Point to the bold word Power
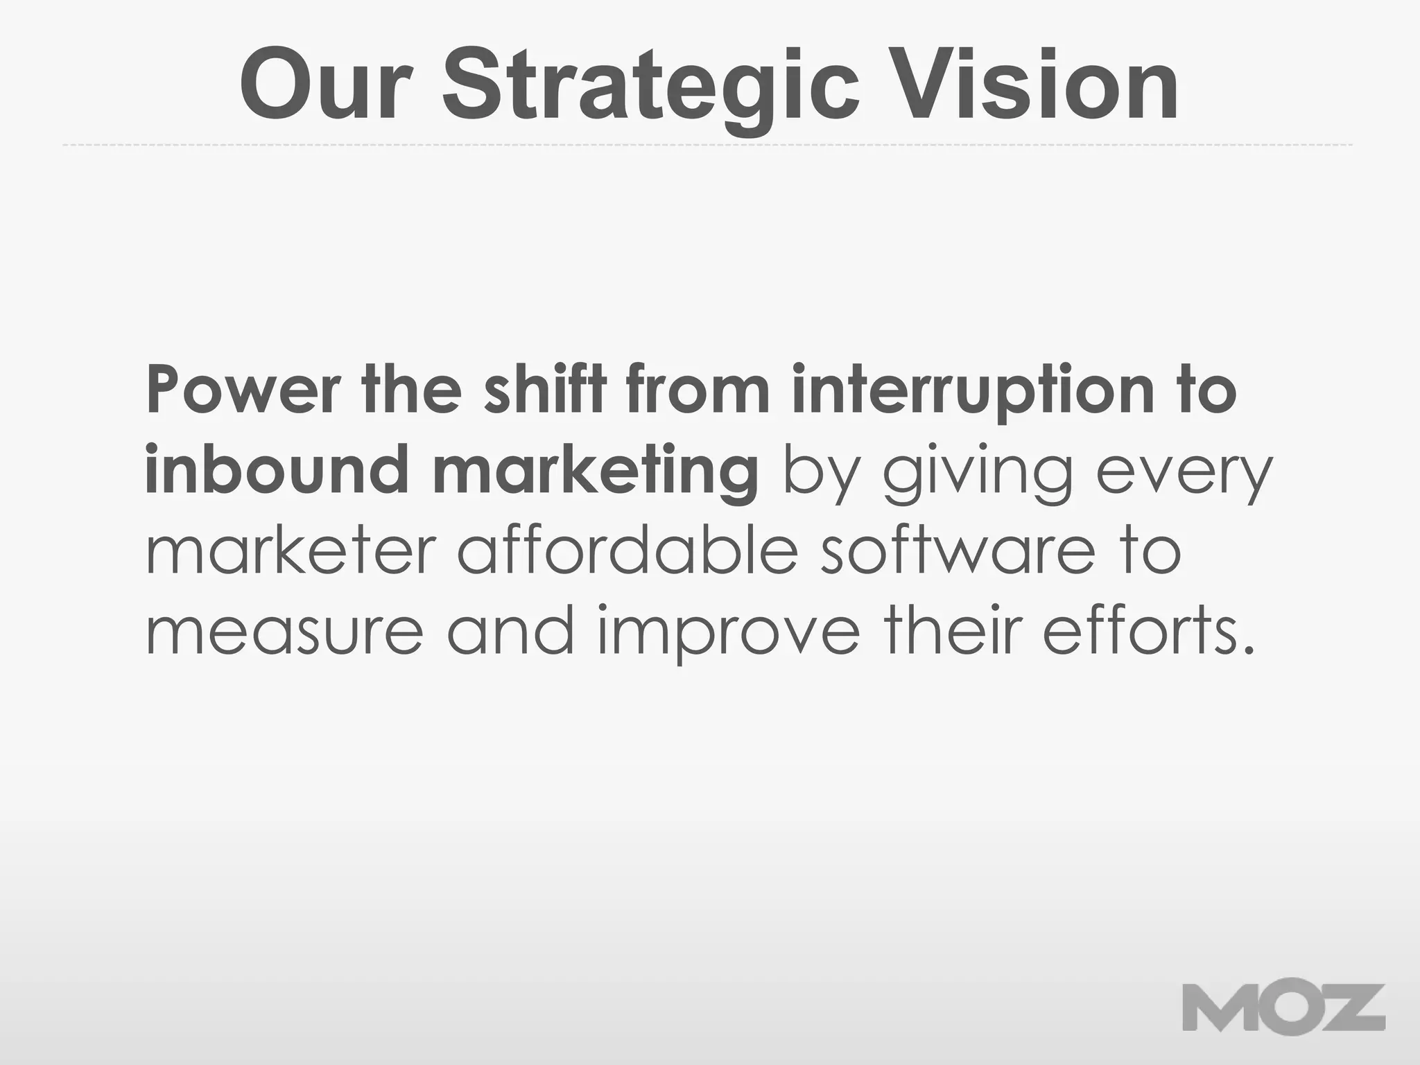point(243,390)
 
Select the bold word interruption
point(972,390)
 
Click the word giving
point(977,470)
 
